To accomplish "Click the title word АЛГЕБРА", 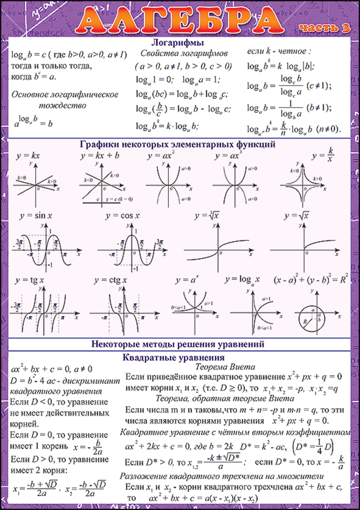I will point(179,20).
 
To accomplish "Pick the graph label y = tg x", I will point(30,280).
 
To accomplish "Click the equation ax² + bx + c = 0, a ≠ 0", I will point(51,368).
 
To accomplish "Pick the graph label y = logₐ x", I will point(242,279).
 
